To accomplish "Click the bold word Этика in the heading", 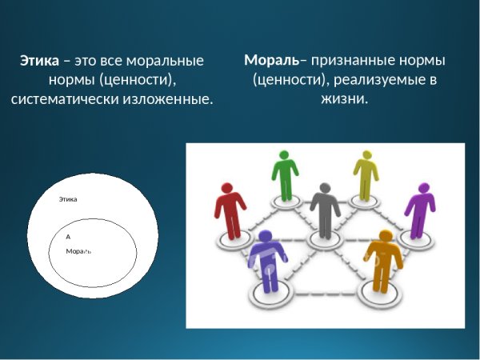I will (x=38, y=61).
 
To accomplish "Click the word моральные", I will (x=166, y=61).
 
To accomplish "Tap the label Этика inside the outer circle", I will (x=68, y=199).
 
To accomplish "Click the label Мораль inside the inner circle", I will (x=78, y=251).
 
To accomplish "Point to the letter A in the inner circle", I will (x=68, y=237).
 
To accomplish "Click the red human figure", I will (x=230, y=210).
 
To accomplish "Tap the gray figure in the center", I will (x=325, y=210).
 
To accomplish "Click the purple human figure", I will (x=420, y=210).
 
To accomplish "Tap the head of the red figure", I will (x=228, y=189).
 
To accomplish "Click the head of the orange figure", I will (x=386, y=237).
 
